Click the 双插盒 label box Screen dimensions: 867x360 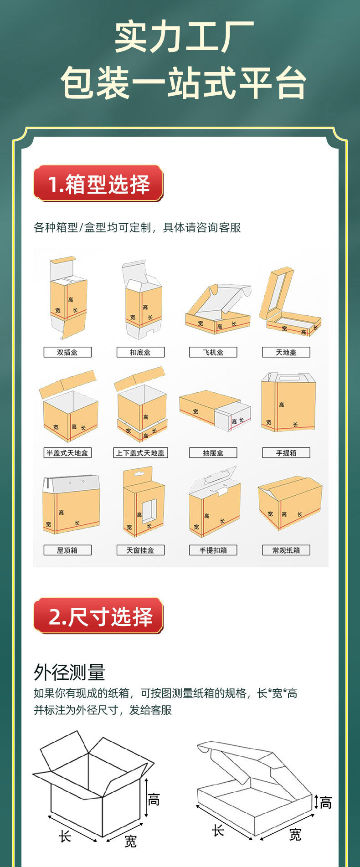click(67, 352)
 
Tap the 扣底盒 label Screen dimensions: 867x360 click(140, 352)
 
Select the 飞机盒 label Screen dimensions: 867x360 click(213, 352)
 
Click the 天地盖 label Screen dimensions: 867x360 click(286, 352)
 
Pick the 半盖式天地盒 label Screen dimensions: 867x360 click(67, 453)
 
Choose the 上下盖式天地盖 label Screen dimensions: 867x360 click(140, 453)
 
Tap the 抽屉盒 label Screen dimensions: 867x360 click(213, 453)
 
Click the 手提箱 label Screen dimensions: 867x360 click(286, 453)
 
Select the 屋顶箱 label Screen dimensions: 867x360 click(67, 550)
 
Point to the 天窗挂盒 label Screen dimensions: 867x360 click(140, 550)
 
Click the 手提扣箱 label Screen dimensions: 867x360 click(213, 550)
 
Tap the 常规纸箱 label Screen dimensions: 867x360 click(286, 550)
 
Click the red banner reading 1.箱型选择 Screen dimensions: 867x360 click(98, 184)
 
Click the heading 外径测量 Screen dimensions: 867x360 click(69, 672)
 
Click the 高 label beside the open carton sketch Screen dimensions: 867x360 click(154, 800)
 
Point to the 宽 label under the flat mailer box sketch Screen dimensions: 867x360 click(295, 835)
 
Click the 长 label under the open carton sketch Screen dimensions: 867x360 click(65, 836)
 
